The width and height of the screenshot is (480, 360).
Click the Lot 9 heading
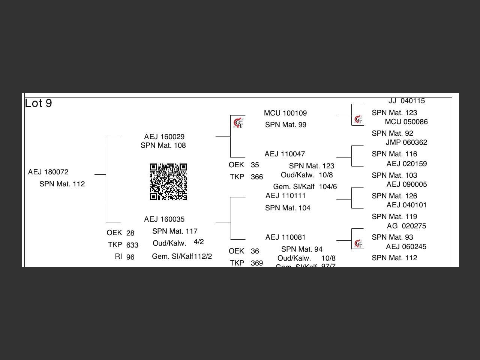(x=38, y=103)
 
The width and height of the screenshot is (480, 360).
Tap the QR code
(x=168, y=182)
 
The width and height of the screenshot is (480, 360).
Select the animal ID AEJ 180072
(x=48, y=172)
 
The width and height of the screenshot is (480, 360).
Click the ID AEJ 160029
(x=164, y=137)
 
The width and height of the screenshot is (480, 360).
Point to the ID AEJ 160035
(x=164, y=219)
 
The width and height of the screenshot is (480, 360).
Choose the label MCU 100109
(x=285, y=113)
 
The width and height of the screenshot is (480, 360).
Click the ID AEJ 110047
(x=285, y=154)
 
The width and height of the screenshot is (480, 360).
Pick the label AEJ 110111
(x=285, y=196)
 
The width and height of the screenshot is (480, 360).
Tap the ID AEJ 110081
(x=285, y=237)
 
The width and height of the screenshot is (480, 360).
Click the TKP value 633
(x=132, y=245)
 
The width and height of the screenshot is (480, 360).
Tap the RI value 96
(x=130, y=257)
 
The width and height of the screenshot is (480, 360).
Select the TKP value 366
(x=257, y=177)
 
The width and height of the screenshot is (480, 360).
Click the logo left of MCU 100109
(x=238, y=123)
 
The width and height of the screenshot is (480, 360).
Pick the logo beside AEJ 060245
(x=358, y=244)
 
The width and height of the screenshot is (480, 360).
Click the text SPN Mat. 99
(x=286, y=125)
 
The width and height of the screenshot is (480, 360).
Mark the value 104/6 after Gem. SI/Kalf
(x=328, y=187)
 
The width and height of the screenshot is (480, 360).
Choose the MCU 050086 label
(x=406, y=122)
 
